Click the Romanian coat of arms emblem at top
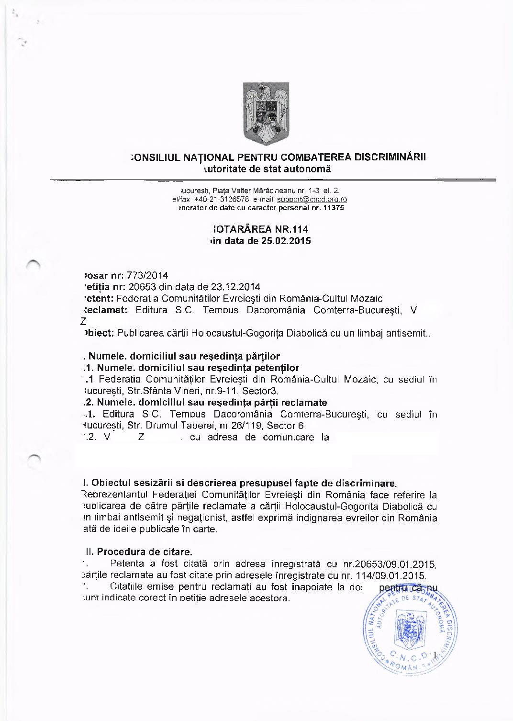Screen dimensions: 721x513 pos(266,113)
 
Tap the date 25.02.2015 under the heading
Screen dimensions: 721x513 pos(286,241)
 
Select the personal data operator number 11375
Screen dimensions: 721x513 pos(334,208)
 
